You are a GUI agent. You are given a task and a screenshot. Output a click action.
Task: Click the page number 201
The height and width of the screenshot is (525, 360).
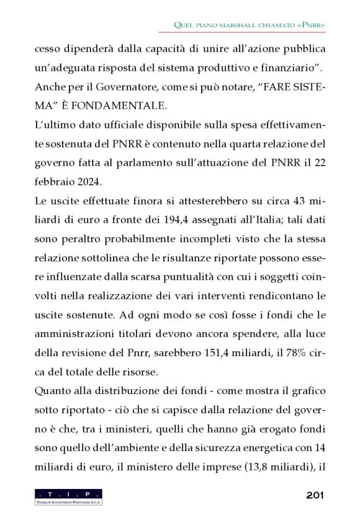pyautogui.click(x=316, y=495)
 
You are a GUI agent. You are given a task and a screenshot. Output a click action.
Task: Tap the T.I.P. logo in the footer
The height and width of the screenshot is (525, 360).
pyautogui.click(x=68, y=496)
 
